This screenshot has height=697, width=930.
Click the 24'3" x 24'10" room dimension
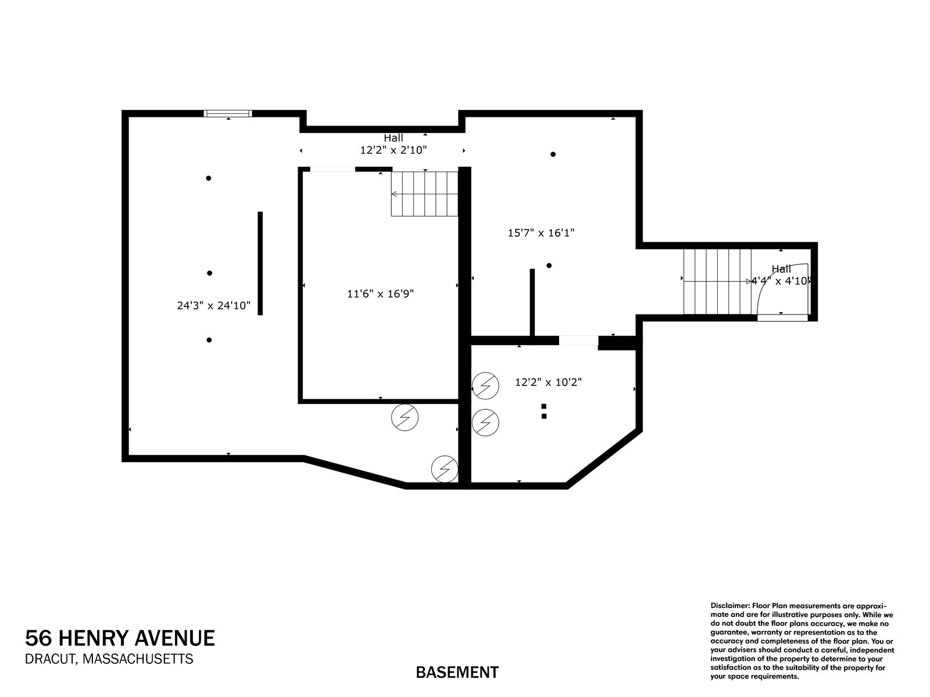click(x=213, y=305)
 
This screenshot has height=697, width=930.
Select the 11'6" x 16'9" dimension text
click(x=380, y=294)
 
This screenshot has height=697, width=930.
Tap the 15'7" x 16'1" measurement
click(x=541, y=233)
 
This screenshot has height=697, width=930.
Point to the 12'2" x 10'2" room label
click(x=548, y=383)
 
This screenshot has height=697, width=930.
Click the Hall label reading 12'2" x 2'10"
click(x=394, y=144)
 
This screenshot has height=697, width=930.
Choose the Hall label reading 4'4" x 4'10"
click(x=781, y=275)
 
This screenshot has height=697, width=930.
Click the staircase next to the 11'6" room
click(x=424, y=194)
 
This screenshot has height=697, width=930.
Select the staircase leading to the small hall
click(x=717, y=281)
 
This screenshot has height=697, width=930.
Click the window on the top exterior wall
click(x=228, y=113)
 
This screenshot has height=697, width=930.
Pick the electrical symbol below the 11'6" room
click(x=405, y=417)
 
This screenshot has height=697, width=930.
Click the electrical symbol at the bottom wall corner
click(x=445, y=469)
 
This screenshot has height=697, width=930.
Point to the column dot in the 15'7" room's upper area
click(x=553, y=155)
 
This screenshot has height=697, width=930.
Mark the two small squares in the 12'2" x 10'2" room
click(x=544, y=411)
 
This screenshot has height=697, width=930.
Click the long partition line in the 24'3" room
click(x=260, y=263)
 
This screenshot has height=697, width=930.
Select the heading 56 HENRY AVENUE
click(x=120, y=638)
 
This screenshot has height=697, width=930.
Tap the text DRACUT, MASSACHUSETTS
click(x=109, y=659)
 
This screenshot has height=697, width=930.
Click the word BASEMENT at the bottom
click(x=457, y=673)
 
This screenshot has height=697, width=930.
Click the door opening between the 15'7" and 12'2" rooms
click(x=578, y=341)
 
